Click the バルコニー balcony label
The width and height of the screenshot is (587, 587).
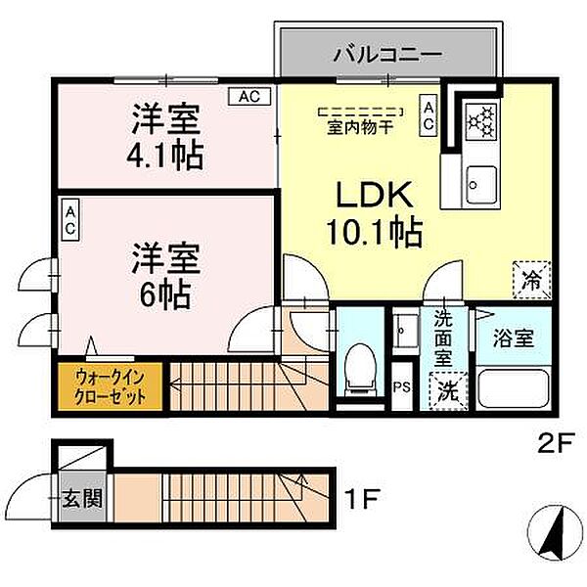pos(388,53)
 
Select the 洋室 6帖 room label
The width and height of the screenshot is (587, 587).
pos(167,275)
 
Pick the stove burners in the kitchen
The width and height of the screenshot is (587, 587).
pos(480,121)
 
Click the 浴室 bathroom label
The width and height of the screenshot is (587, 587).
pos(513,339)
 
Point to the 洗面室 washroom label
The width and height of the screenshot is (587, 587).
pos(445,338)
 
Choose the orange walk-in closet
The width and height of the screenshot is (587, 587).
pos(110,388)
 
